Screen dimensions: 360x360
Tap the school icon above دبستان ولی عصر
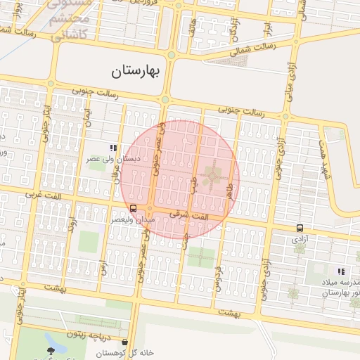pos(112,148)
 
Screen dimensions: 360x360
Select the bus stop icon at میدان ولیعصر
pos(133,208)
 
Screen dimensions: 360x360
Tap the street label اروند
pos(70,226)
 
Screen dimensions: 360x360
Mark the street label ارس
pos(103,266)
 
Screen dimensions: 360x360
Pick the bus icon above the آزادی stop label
pos(300,228)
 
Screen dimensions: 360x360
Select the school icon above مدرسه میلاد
pos(340,271)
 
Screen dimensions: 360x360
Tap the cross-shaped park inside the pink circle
pos(212,176)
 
